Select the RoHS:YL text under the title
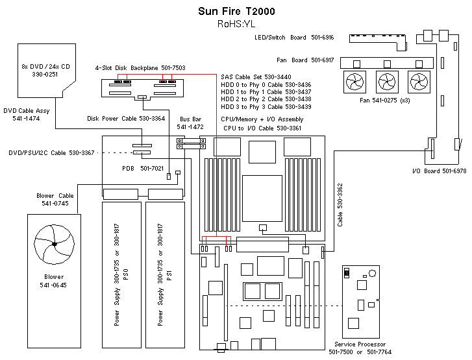[236, 24]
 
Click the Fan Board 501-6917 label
[305, 60]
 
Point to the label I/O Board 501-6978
[439, 171]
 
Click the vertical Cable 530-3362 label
[340, 205]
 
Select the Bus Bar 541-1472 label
[192, 123]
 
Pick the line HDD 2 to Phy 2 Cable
[266, 99]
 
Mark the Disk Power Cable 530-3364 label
[126, 119]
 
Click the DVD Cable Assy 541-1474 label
[25, 114]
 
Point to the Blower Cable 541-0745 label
[55, 200]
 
